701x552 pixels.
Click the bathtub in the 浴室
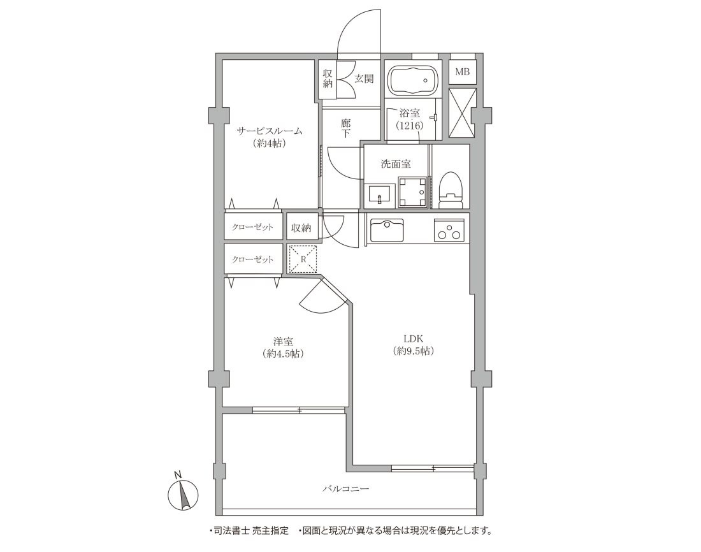tap(412, 80)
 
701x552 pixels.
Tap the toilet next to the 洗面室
tap(450, 191)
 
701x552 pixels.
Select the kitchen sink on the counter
tap(387, 231)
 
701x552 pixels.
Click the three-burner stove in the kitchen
tap(449, 230)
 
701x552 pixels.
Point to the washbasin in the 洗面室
tap(380, 195)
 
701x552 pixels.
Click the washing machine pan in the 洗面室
tap(413, 192)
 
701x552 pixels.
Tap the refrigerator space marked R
tap(303, 259)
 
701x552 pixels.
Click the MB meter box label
tap(462, 71)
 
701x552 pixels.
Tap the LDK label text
tap(414, 338)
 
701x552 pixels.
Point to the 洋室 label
tap(284, 342)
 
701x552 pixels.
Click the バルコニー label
tap(346, 489)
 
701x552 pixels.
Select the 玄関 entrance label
tap(364, 79)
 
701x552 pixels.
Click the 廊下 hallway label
tap(345, 128)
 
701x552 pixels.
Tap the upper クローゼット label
tap(252, 228)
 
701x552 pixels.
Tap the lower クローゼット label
tap(252, 259)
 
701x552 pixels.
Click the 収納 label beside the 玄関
tap(328, 78)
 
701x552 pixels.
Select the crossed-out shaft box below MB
tap(462, 113)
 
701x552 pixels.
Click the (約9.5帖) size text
tap(414, 351)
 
